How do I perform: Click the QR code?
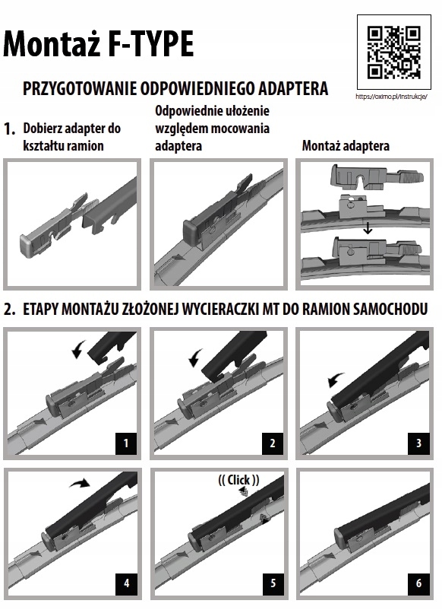[394, 52]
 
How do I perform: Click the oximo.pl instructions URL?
[392, 97]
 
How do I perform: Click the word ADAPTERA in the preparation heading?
[293, 88]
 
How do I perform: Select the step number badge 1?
[125, 443]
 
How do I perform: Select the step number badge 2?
[273, 443]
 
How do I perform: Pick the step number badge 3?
[418, 443]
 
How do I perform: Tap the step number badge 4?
[126, 583]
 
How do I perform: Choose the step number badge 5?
[273, 583]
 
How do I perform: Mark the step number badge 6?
[418, 583]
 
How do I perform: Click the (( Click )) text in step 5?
[238, 480]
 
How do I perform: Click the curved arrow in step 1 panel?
[79, 349]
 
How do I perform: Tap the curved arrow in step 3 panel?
[335, 379]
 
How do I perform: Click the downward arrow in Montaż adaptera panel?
[367, 228]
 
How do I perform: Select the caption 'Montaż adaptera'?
[346, 146]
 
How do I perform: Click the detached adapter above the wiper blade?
[376, 177]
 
